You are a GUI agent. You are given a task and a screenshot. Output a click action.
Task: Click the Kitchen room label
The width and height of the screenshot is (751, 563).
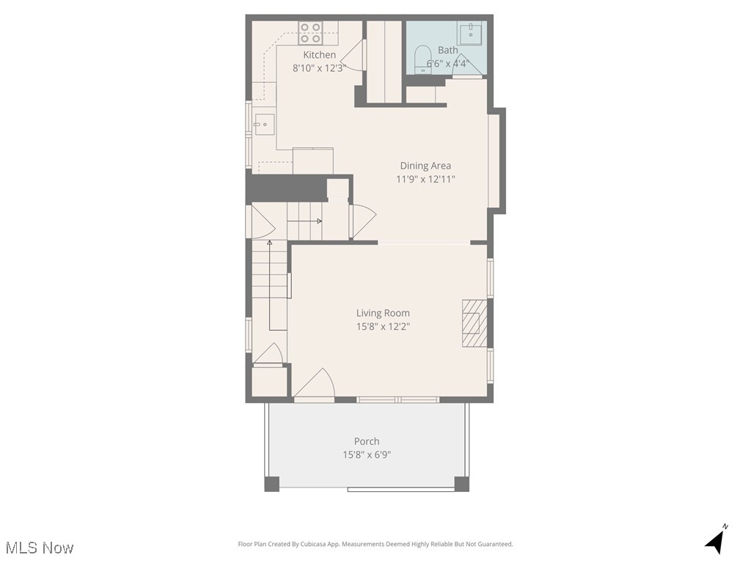click(320, 55)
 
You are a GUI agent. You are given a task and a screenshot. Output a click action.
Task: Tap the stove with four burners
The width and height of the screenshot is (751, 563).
click(310, 33)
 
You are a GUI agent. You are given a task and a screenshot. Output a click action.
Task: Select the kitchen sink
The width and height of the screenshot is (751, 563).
click(263, 125)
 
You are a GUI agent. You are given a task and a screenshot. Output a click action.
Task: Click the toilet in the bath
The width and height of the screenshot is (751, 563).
click(422, 59)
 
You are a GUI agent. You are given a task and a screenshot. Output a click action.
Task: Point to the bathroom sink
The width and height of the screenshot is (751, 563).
click(470, 32)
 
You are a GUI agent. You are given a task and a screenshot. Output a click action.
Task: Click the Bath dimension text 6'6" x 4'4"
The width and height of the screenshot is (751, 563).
click(447, 64)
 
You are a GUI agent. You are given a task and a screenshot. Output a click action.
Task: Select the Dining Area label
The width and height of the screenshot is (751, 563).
click(425, 166)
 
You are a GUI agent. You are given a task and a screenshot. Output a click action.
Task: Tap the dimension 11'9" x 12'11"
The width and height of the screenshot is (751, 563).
click(425, 179)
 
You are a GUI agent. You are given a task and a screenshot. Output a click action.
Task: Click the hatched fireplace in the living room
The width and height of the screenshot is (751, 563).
click(474, 323)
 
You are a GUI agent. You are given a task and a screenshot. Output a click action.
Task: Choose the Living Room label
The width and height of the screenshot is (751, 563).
click(383, 313)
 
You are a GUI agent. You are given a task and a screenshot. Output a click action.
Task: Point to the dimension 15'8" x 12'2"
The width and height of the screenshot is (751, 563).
click(383, 326)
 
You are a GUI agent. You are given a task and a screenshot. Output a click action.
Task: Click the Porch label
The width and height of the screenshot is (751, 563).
click(367, 441)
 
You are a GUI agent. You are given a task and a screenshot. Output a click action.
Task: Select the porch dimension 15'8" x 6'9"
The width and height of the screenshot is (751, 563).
click(367, 455)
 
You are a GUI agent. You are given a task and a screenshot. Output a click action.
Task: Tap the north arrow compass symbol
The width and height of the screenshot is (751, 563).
click(716, 540)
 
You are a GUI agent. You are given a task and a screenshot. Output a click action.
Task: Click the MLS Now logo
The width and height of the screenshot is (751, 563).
click(40, 548)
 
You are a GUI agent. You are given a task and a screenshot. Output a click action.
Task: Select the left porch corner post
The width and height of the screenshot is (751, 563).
click(271, 484)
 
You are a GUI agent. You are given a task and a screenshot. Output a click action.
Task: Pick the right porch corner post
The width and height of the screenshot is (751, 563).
click(461, 484)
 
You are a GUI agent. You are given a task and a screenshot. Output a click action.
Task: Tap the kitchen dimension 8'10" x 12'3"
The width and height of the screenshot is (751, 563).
click(320, 68)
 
